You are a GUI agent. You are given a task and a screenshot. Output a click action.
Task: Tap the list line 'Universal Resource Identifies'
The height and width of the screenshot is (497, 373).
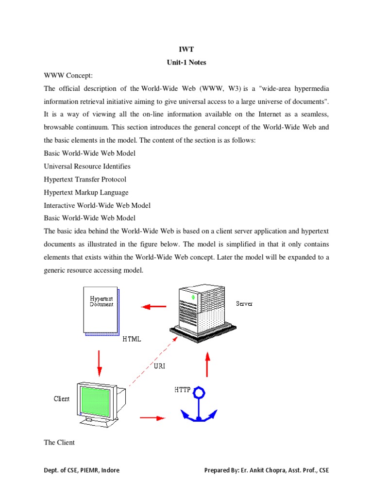[87, 166]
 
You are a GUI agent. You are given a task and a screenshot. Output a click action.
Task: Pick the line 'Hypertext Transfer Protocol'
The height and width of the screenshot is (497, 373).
[85, 179]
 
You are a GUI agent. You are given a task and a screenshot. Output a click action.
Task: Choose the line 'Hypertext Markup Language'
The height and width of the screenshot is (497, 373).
[86, 192]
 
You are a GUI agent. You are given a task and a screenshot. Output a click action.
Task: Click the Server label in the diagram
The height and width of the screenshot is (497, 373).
[244, 304]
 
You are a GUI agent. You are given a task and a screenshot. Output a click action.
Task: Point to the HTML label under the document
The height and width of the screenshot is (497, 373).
[132, 339]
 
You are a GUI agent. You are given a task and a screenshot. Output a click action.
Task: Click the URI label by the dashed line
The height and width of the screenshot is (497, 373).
[159, 366]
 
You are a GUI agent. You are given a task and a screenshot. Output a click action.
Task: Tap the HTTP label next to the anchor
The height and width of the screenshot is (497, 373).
[182, 390]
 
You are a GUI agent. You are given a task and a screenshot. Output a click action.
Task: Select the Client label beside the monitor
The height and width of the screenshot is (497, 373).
[62, 399]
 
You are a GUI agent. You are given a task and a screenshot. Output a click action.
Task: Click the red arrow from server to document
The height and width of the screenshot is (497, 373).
[153, 307]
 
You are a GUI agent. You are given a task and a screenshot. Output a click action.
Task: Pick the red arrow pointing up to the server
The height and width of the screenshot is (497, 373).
[207, 365]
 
